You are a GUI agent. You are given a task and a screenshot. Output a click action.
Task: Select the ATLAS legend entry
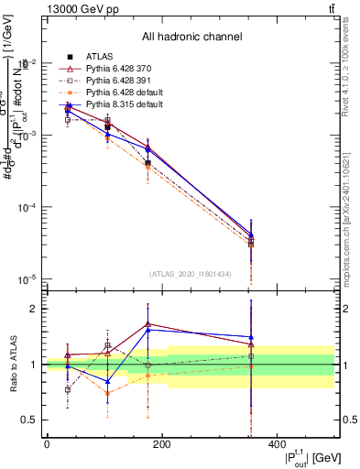(100, 57)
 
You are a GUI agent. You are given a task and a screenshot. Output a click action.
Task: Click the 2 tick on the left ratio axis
(34, 309)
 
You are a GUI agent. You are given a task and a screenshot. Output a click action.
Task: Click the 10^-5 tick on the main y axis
(27, 279)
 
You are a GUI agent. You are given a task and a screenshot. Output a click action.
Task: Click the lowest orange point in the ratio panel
(108, 393)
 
